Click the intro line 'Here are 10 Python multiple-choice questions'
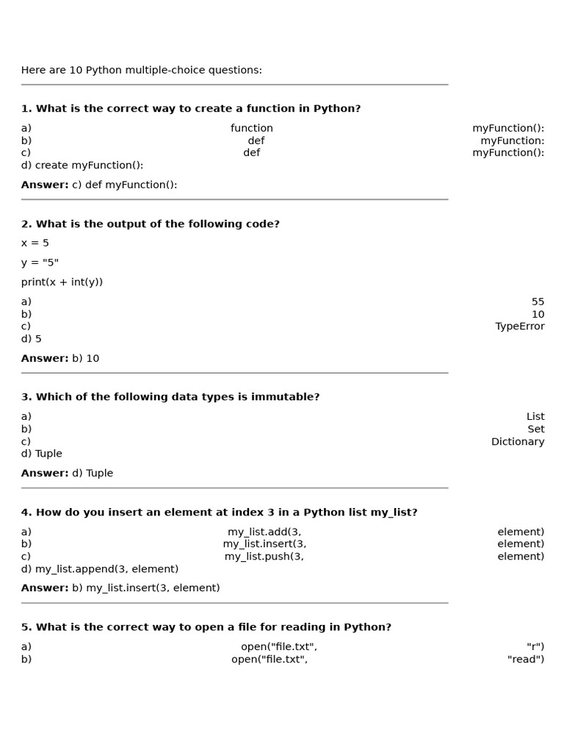click(141, 71)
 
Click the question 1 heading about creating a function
click(191, 109)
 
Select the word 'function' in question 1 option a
click(252, 128)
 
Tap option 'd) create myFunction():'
click(82, 165)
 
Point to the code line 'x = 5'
click(35, 243)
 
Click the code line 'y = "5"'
click(40, 263)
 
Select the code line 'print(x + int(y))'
click(62, 282)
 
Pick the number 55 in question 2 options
click(538, 301)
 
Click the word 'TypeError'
click(520, 326)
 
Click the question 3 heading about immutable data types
click(170, 397)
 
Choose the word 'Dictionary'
click(518, 442)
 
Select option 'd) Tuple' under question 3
click(42, 454)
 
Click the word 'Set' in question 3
click(536, 429)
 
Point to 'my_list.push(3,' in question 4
click(264, 557)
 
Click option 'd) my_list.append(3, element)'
click(100, 569)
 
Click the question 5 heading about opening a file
click(206, 627)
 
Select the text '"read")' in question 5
click(526, 660)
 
